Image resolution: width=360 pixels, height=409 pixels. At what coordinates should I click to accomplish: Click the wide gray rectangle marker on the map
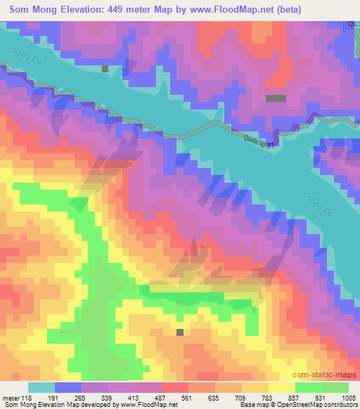tap(276, 99)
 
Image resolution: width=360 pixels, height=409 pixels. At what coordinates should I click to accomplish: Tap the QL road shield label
tap(352, 23)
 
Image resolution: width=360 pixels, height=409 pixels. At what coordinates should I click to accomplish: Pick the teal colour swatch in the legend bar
tap(41, 387)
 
